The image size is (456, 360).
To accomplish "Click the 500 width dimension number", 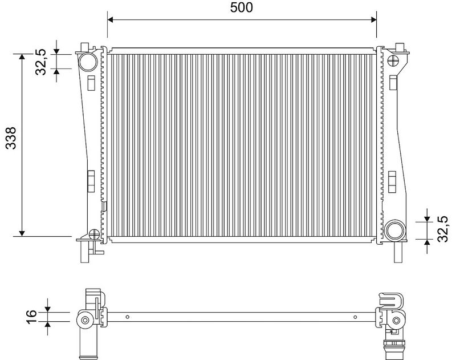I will (x=242, y=7).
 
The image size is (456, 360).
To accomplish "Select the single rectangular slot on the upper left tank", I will (x=91, y=82).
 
